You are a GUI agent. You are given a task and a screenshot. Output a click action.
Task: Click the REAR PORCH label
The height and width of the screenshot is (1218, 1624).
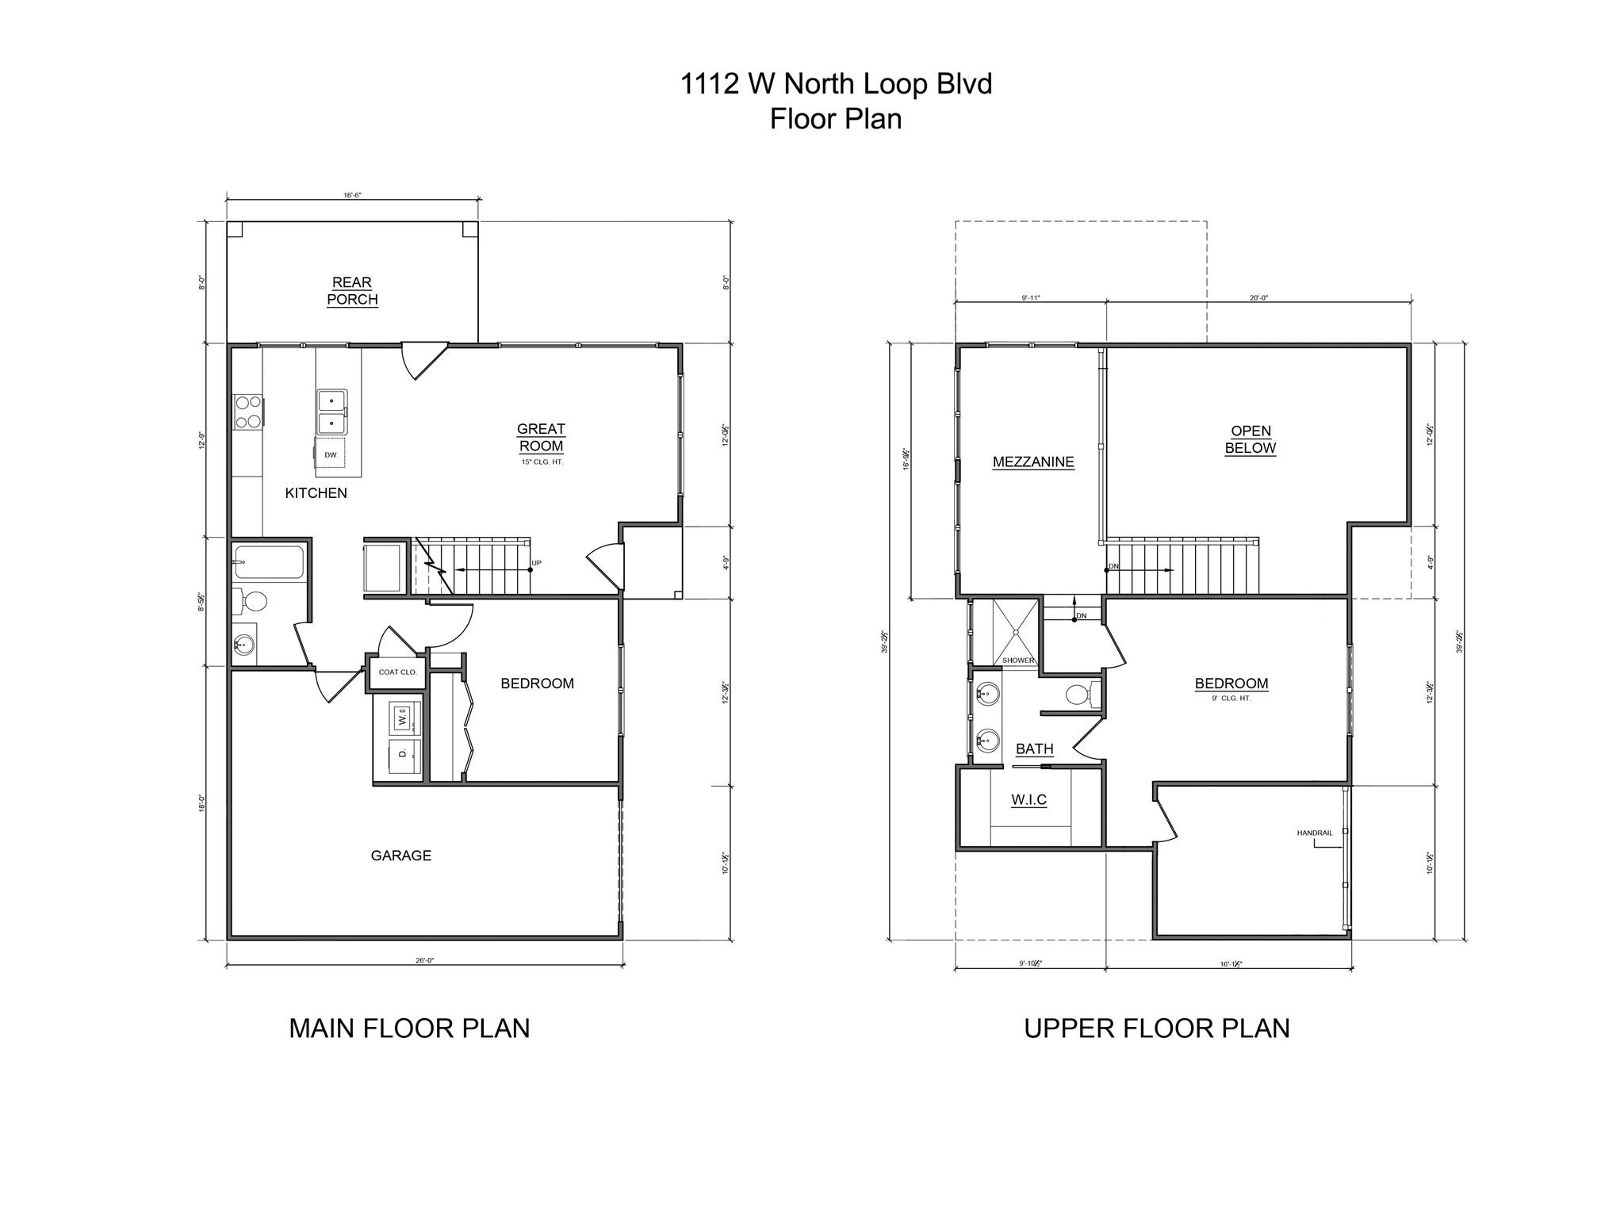(352, 291)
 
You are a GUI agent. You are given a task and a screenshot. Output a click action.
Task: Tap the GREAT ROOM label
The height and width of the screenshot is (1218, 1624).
(541, 438)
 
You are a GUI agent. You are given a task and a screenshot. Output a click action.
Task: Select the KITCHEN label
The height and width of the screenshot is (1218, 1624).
(316, 493)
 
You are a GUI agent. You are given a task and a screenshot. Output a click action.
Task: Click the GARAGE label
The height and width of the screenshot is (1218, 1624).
(401, 856)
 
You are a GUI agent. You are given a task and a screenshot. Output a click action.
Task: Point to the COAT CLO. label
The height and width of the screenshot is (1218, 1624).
(397, 672)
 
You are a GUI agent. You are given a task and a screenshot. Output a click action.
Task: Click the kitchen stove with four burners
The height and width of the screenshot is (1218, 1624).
(248, 412)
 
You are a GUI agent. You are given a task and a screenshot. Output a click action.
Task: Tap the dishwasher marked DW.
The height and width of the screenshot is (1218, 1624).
(331, 454)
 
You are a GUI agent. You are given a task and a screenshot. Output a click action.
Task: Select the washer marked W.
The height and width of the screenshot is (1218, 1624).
(402, 718)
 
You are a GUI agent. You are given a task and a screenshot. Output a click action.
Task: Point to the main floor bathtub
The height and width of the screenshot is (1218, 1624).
(270, 562)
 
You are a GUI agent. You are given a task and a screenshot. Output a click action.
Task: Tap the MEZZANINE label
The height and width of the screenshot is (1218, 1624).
(1033, 462)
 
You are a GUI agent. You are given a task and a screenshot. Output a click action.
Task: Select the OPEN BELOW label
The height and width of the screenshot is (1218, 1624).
(1251, 439)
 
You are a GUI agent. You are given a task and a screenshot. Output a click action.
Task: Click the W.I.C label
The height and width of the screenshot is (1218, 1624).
(1029, 800)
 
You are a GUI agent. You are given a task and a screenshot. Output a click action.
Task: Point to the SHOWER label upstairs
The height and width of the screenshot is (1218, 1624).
(1018, 661)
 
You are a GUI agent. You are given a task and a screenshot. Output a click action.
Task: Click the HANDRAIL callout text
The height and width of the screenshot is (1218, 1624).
(1315, 833)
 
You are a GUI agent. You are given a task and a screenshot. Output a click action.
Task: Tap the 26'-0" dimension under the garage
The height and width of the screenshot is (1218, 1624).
(425, 961)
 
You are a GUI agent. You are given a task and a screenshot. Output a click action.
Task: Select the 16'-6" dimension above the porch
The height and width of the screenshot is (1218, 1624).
(352, 194)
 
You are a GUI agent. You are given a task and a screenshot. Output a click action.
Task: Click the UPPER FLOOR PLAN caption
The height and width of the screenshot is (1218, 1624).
(1156, 1028)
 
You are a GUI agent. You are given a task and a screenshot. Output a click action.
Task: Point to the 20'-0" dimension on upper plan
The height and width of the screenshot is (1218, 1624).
(1258, 298)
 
